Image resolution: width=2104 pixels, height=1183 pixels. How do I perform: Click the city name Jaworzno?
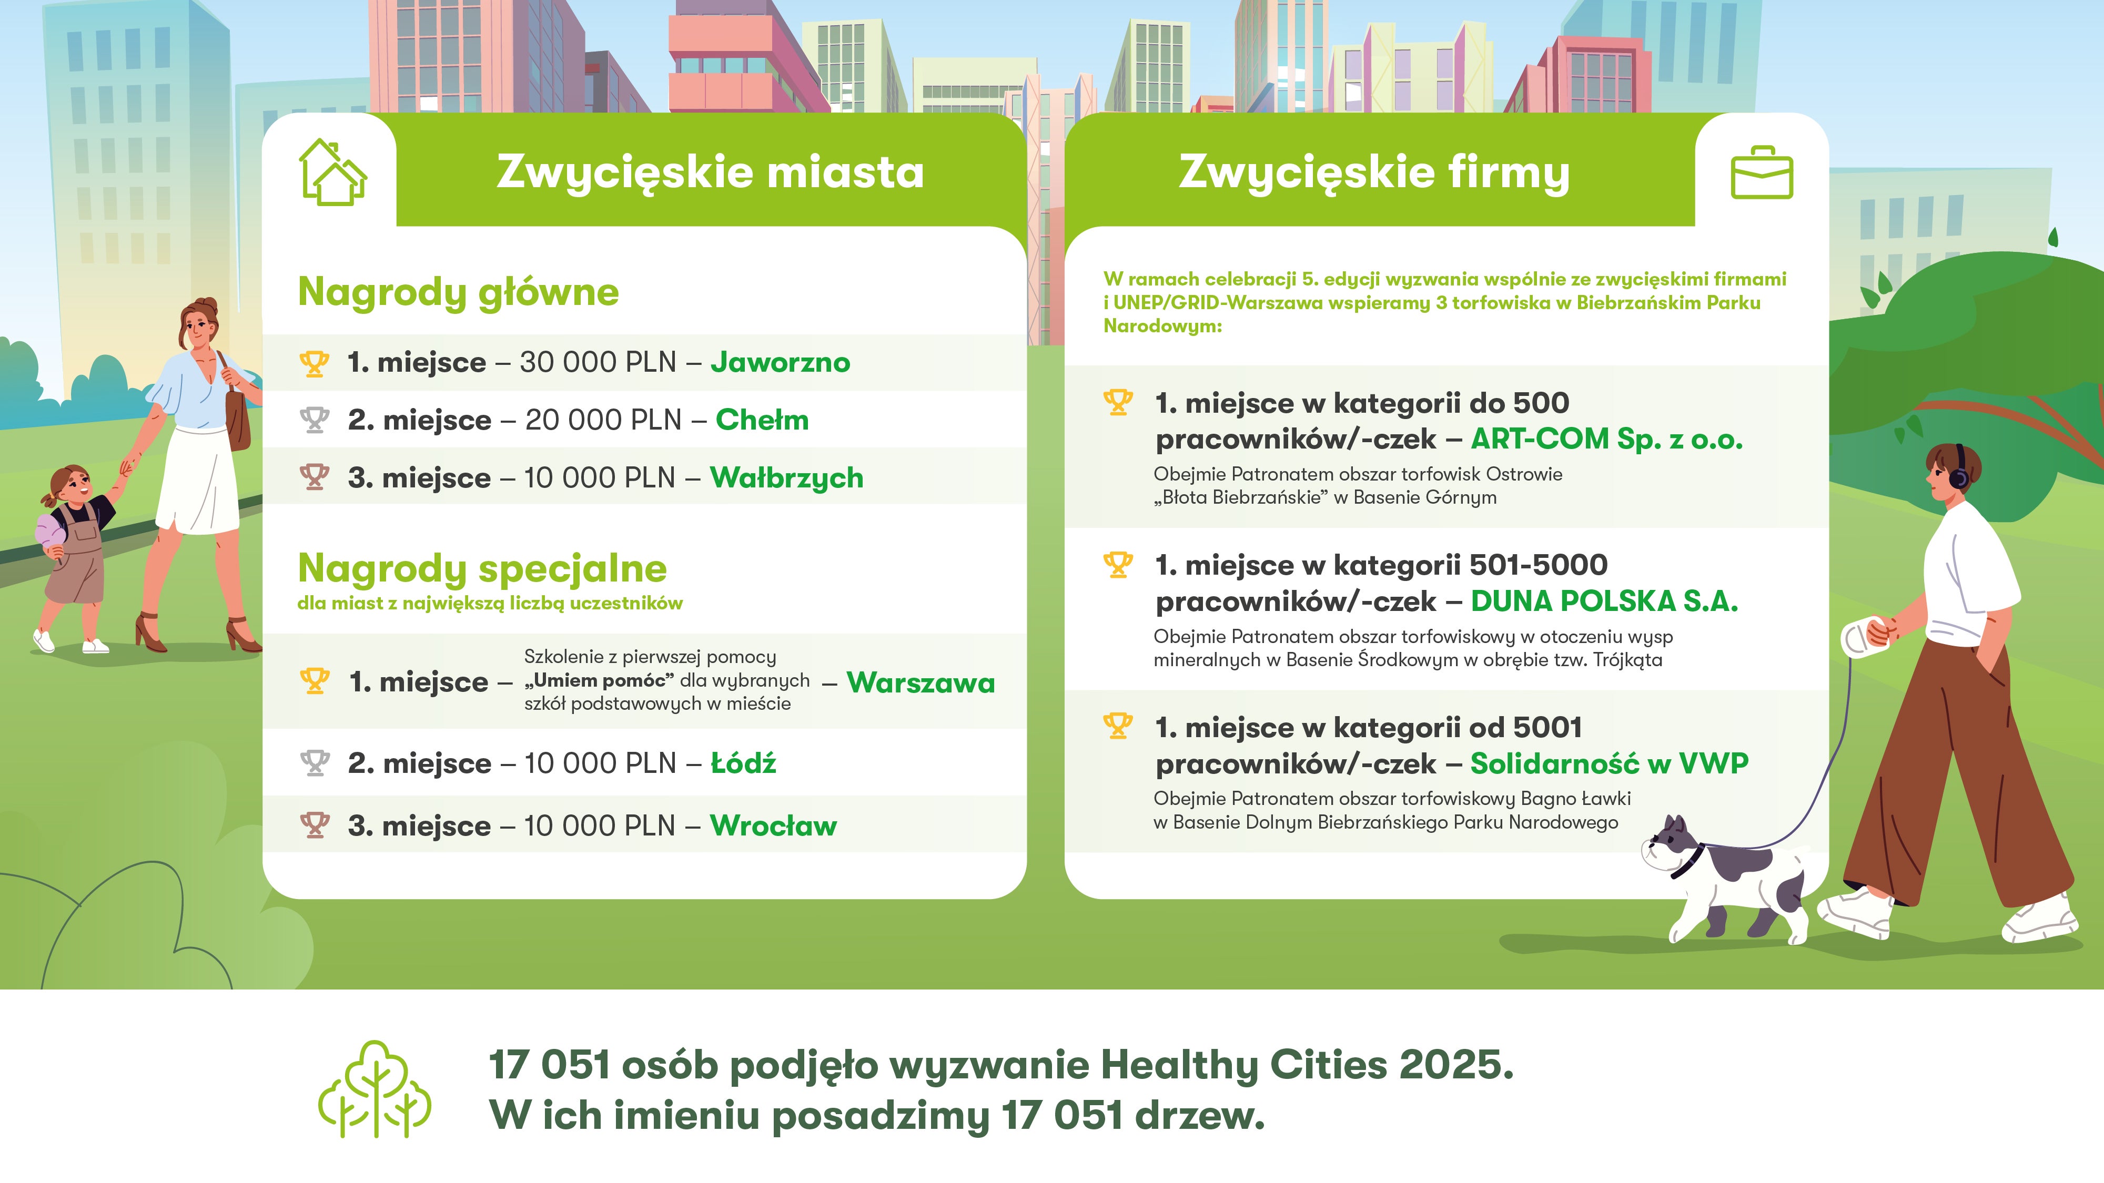click(780, 362)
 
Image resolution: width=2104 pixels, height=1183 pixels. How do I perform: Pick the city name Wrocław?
click(773, 825)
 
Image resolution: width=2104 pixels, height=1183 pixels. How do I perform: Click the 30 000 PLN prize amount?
click(599, 362)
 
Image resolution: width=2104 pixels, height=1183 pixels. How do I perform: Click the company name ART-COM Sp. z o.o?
click(1606, 439)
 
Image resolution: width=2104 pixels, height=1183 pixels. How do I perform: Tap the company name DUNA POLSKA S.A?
click(1604, 601)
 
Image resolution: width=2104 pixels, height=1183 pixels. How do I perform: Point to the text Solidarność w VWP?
click(1609, 763)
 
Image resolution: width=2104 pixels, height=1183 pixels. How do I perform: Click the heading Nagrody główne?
click(458, 292)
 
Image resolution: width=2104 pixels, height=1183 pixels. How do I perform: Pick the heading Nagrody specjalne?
click(482, 568)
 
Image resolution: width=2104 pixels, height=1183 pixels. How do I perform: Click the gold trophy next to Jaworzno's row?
click(315, 362)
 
